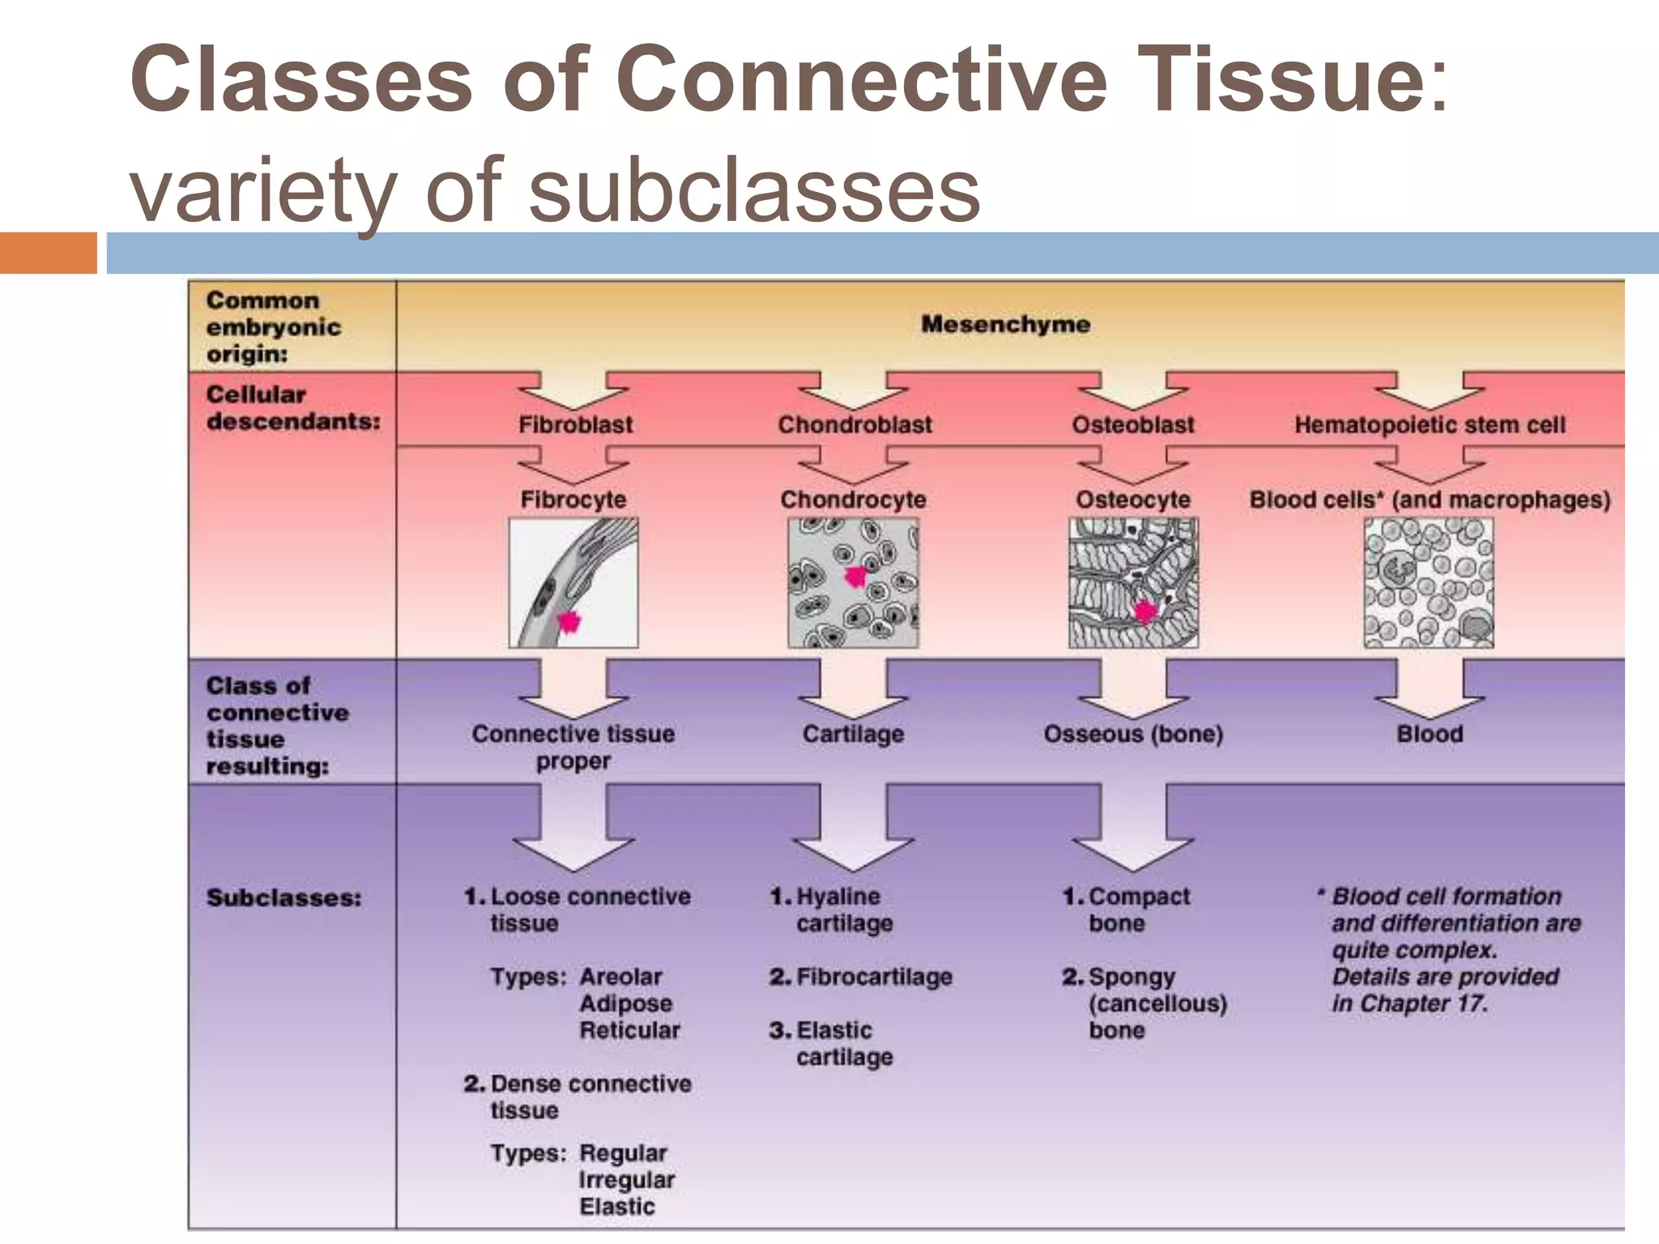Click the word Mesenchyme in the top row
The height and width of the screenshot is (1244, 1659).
[x=1005, y=325]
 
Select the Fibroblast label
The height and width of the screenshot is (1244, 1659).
[x=575, y=424]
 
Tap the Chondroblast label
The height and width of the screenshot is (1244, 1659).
[x=855, y=424]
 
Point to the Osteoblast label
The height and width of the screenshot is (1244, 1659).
[x=1132, y=424]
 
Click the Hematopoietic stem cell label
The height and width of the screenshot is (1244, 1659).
[x=1429, y=424]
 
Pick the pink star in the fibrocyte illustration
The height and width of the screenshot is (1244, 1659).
[x=569, y=622]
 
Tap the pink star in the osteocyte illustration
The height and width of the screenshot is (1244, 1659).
[x=1145, y=611]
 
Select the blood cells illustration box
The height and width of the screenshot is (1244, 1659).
[x=1428, y=583]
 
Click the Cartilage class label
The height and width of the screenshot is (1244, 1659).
[x=853, y=734]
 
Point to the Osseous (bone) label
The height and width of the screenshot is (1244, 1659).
[x=1132, y=734]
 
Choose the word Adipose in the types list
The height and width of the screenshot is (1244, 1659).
[x=625, y=1003]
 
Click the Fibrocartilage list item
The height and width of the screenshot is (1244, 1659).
[x=873, y=977]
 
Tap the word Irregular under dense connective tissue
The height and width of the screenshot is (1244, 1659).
[x=626, y=1180]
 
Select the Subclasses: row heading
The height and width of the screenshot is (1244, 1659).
[x=284, y=897]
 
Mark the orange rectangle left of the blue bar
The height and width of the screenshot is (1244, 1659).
[x=48, y=253]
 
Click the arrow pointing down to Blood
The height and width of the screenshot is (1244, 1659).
[x=1429, y=688]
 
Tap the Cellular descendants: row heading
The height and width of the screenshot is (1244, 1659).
[x=292, y=407]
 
